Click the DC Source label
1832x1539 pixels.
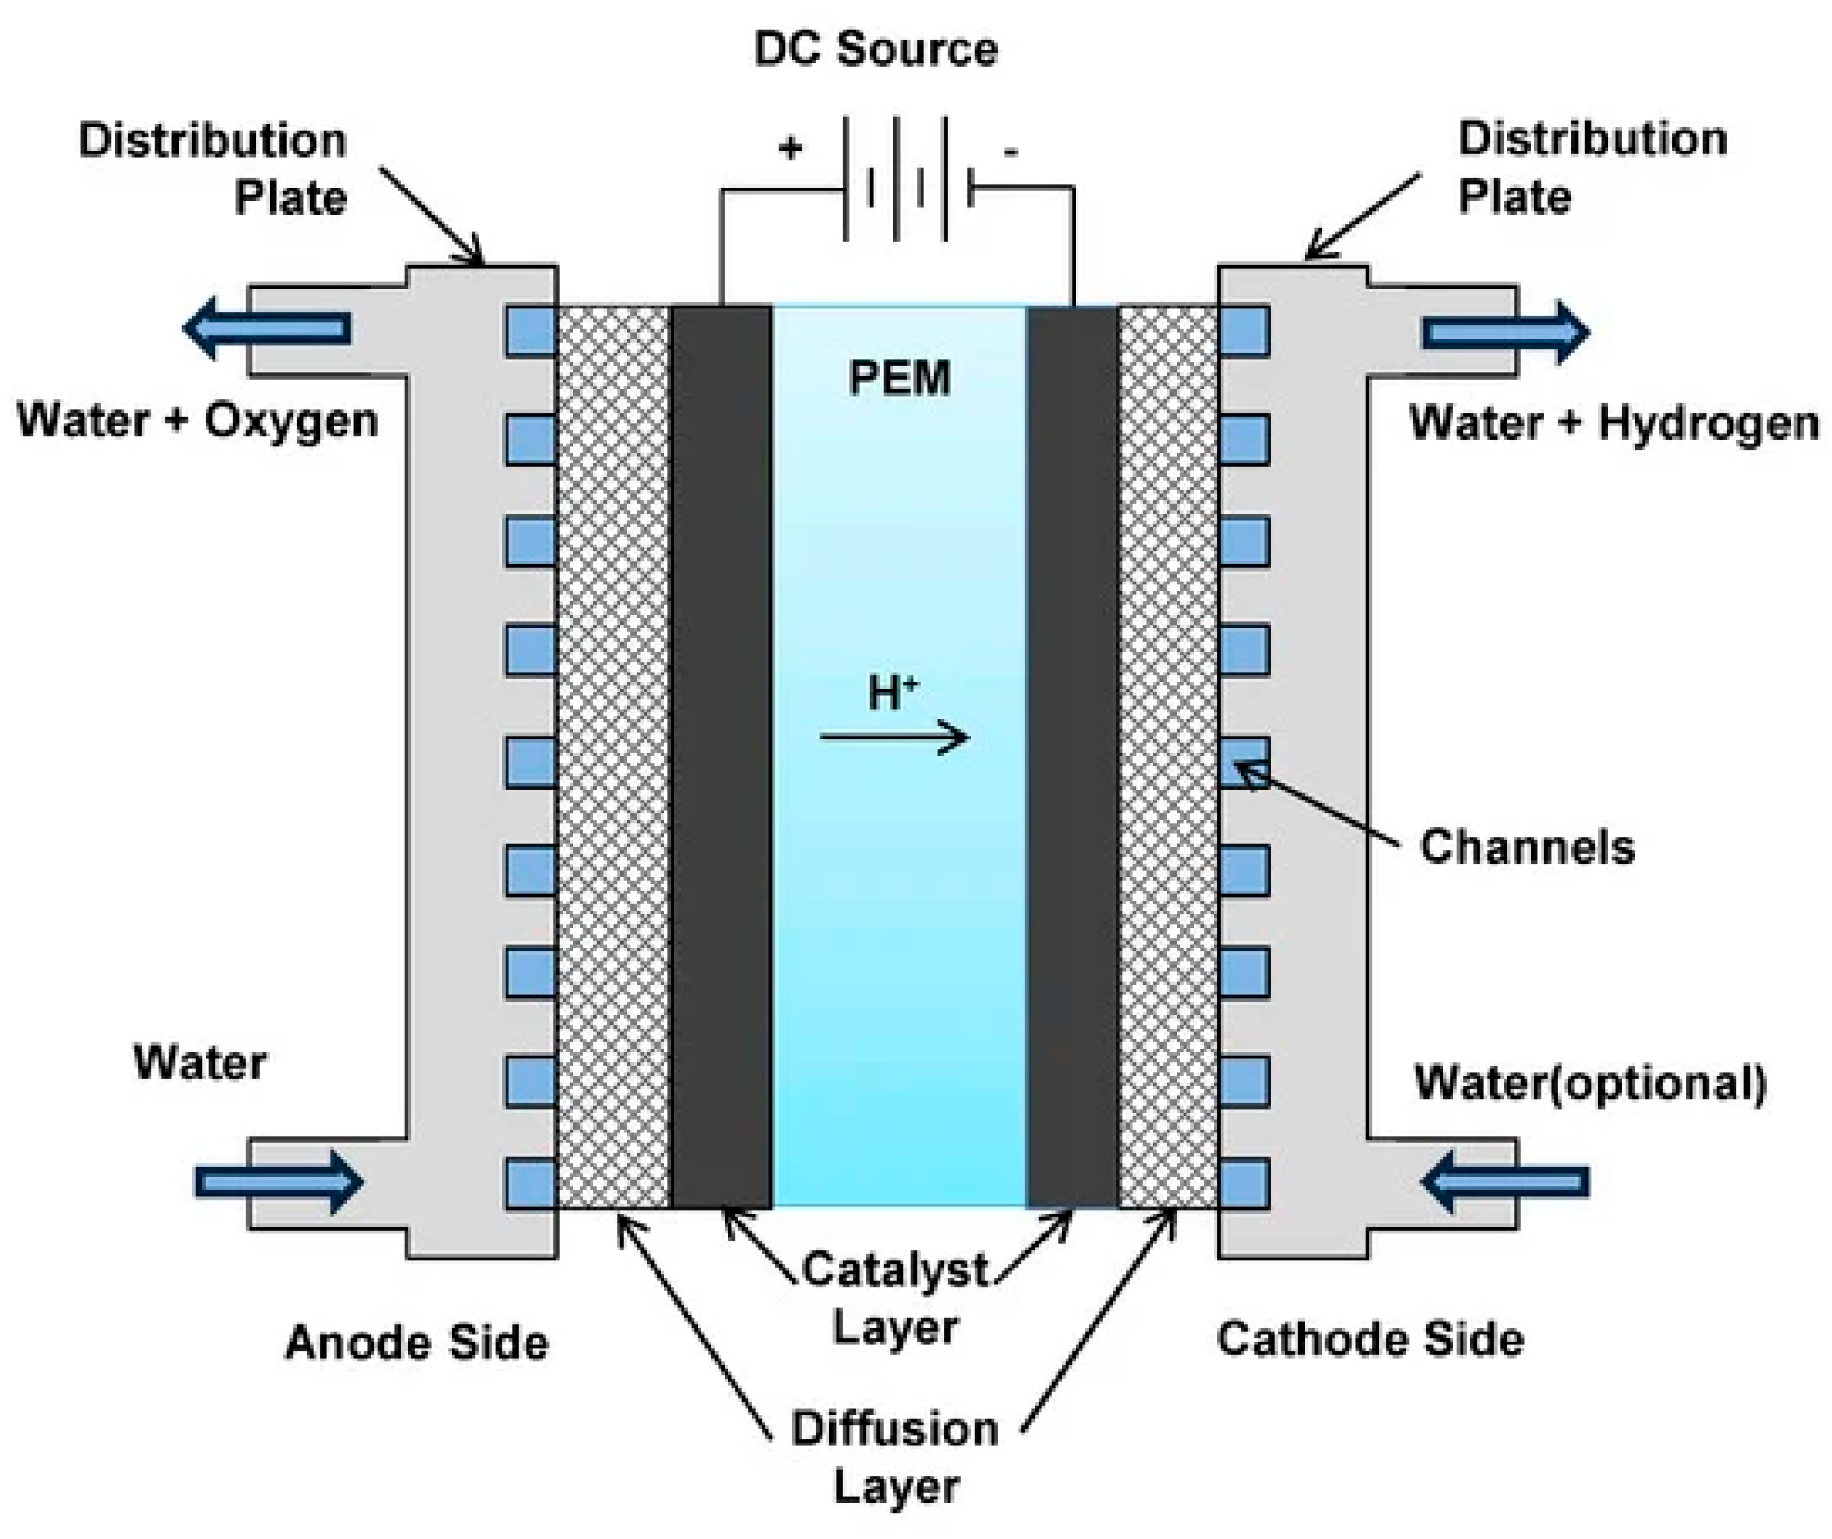tap(875, 49)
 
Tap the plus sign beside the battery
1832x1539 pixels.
tap(791, 148)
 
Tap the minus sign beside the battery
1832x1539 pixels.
tap(1011, 151)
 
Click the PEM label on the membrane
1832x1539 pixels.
tap(899, 378)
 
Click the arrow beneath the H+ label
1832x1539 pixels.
tap(893, 738)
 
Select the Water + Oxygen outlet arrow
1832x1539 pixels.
tap(267, 328)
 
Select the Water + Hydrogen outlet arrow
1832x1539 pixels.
tap(1506, 333)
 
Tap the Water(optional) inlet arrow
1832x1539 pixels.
tap(1505, 1182)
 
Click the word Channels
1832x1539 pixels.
tap(1526, 847)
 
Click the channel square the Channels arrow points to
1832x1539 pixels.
tap(1244, 763)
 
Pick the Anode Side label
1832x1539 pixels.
tap(417, 1342)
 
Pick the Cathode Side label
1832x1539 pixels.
tap(1369, 1339)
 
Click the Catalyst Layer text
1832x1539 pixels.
tap(894, 1298)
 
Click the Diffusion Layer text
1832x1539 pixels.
tap(894, 1457)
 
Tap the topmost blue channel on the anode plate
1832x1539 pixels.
tap(529, 331)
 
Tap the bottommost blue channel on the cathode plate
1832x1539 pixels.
tap(1244, 1184)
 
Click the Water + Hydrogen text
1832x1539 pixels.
tap(1613, 423)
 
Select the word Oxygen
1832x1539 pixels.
tap(290, 421)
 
